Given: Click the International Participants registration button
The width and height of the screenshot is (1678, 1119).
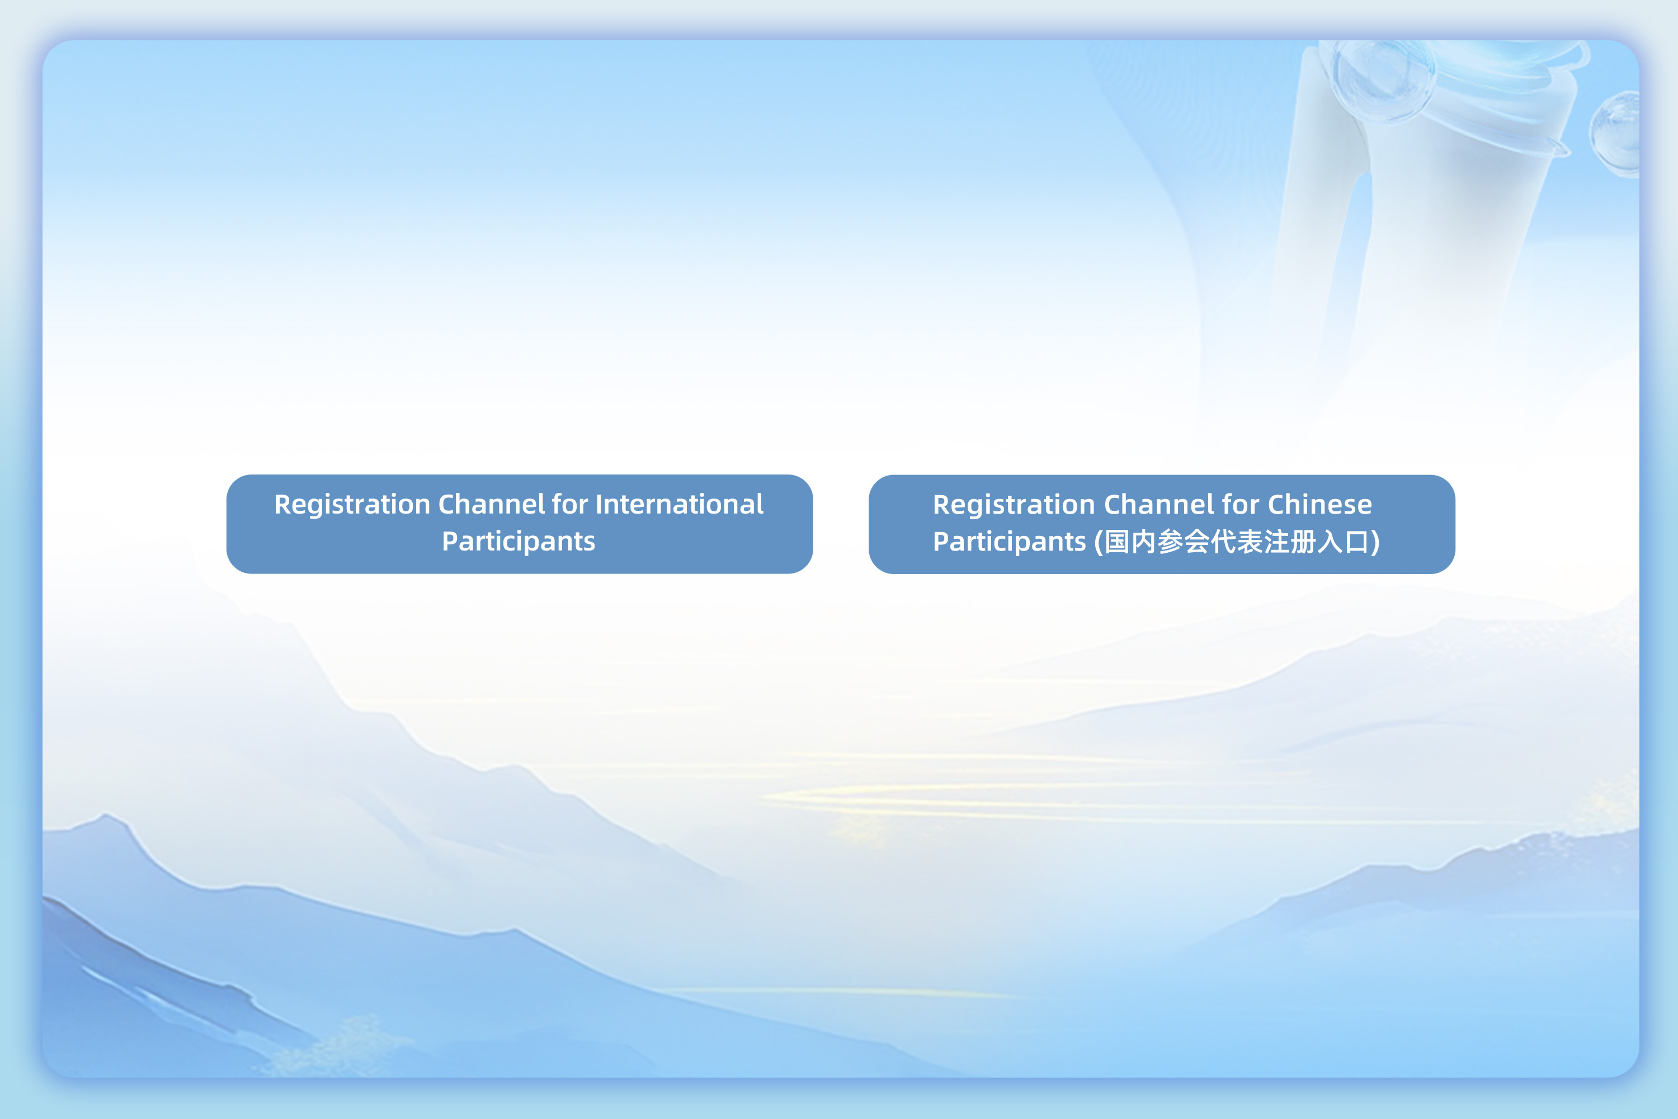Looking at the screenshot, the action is [x=520, y=524].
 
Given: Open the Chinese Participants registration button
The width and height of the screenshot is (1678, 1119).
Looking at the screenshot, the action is [x=1162, y=524].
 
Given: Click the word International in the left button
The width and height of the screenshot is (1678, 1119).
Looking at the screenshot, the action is [x=679, y=505].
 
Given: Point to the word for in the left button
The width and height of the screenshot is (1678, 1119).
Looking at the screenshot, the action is [x=569, y=505].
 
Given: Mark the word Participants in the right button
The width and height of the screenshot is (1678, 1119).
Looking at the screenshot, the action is [x=1010, y=542].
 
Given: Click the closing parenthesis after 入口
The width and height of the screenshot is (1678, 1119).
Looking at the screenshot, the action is [x=1375, y=542].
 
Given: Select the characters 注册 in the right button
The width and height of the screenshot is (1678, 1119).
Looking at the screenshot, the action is [x=1277, y=542].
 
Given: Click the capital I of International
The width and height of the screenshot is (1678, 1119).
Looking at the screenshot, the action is [x=599, y=505].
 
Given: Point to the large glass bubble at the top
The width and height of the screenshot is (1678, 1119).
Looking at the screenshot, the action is [x=1384, y=80].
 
